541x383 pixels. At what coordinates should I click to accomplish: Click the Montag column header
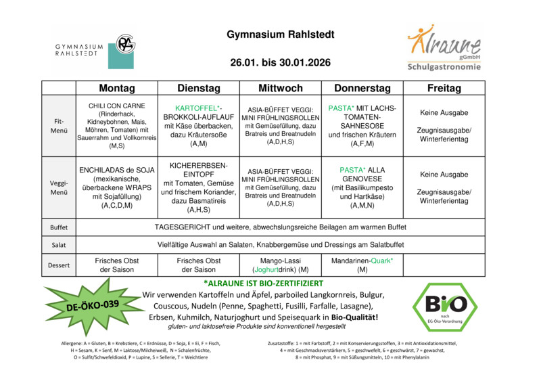pyautogui.click(x=117, y=89)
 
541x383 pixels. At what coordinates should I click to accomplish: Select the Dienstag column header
pyautogui.click(x=199, y=89)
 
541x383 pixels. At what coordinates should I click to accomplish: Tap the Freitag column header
pyautogui.click(x=444, y=89)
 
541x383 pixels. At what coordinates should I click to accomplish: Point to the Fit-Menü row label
pyautogui.click(x=59, y=126)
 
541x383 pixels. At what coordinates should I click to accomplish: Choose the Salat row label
pyautogui.click(x=59, y=244)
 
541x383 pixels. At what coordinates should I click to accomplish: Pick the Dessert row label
pyautogui.click(x=59, y=265)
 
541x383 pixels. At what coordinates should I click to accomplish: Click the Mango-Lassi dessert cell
pyautogui.click(x=280, y=265)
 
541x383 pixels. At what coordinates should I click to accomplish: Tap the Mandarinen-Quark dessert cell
pyautogui.click(x=362, y=265)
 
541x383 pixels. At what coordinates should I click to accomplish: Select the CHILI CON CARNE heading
pyautogui.click(x=117, y=106)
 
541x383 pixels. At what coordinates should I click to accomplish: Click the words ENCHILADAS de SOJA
pyautogui.click(x=117, y=169)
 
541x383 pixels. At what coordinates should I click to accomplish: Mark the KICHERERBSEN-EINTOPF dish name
pyautogui.click(x=199, y=169)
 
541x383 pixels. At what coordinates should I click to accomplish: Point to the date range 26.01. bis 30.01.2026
pyautogui.click(x=280, y=62)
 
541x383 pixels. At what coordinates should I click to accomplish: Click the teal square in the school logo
pyautogui.click(x=121, y=56)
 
